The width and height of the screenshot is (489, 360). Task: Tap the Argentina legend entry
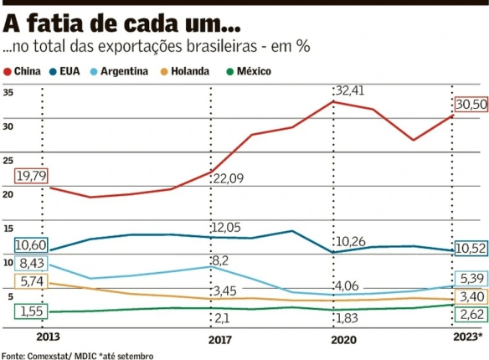pos(119,72)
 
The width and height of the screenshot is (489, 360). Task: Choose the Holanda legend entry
pos(186,72)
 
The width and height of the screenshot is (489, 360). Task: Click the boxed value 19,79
pos(31,176)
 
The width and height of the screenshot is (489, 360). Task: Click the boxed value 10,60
pos(31,245)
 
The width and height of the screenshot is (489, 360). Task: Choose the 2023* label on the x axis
pos(466,338)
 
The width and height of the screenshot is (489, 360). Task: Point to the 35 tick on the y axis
pos(8,92)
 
